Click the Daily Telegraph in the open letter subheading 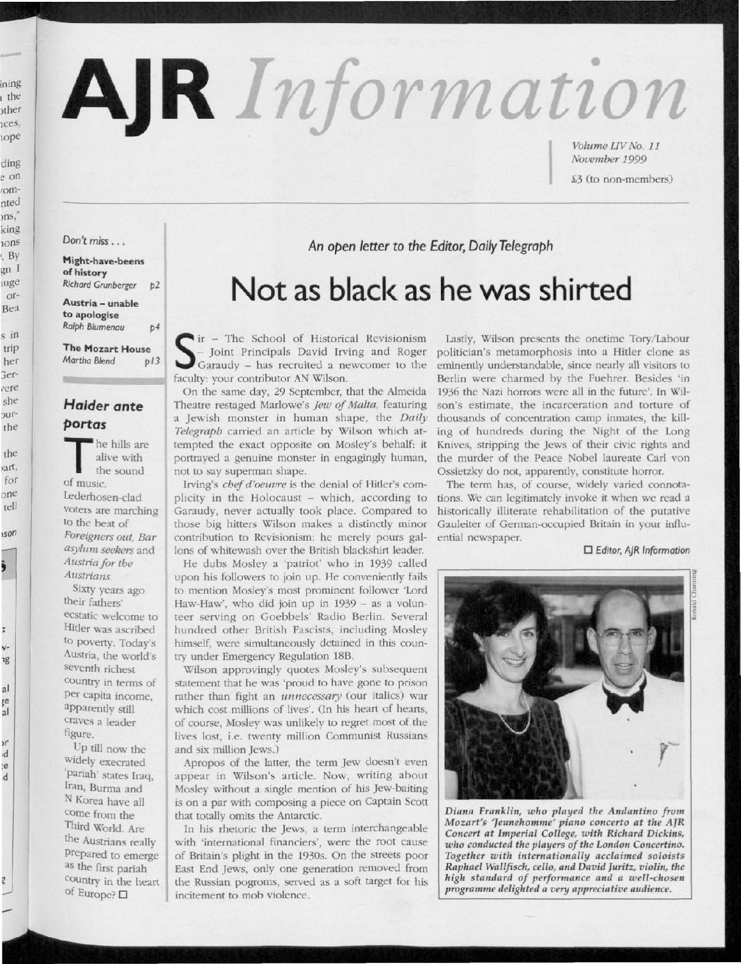522,247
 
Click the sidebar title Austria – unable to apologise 101,309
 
